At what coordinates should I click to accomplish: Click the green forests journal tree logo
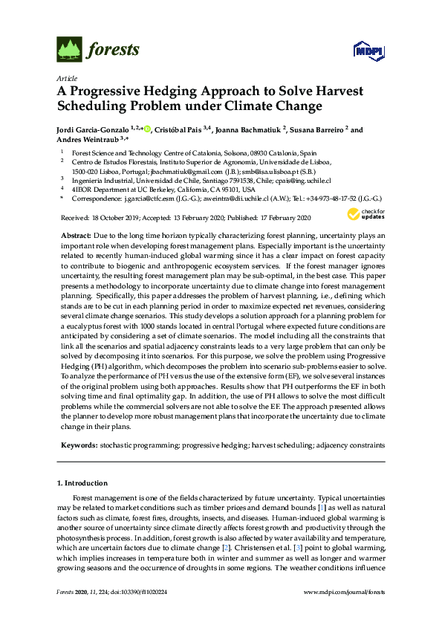[69, 49]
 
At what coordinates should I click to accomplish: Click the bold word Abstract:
[76, 234]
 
